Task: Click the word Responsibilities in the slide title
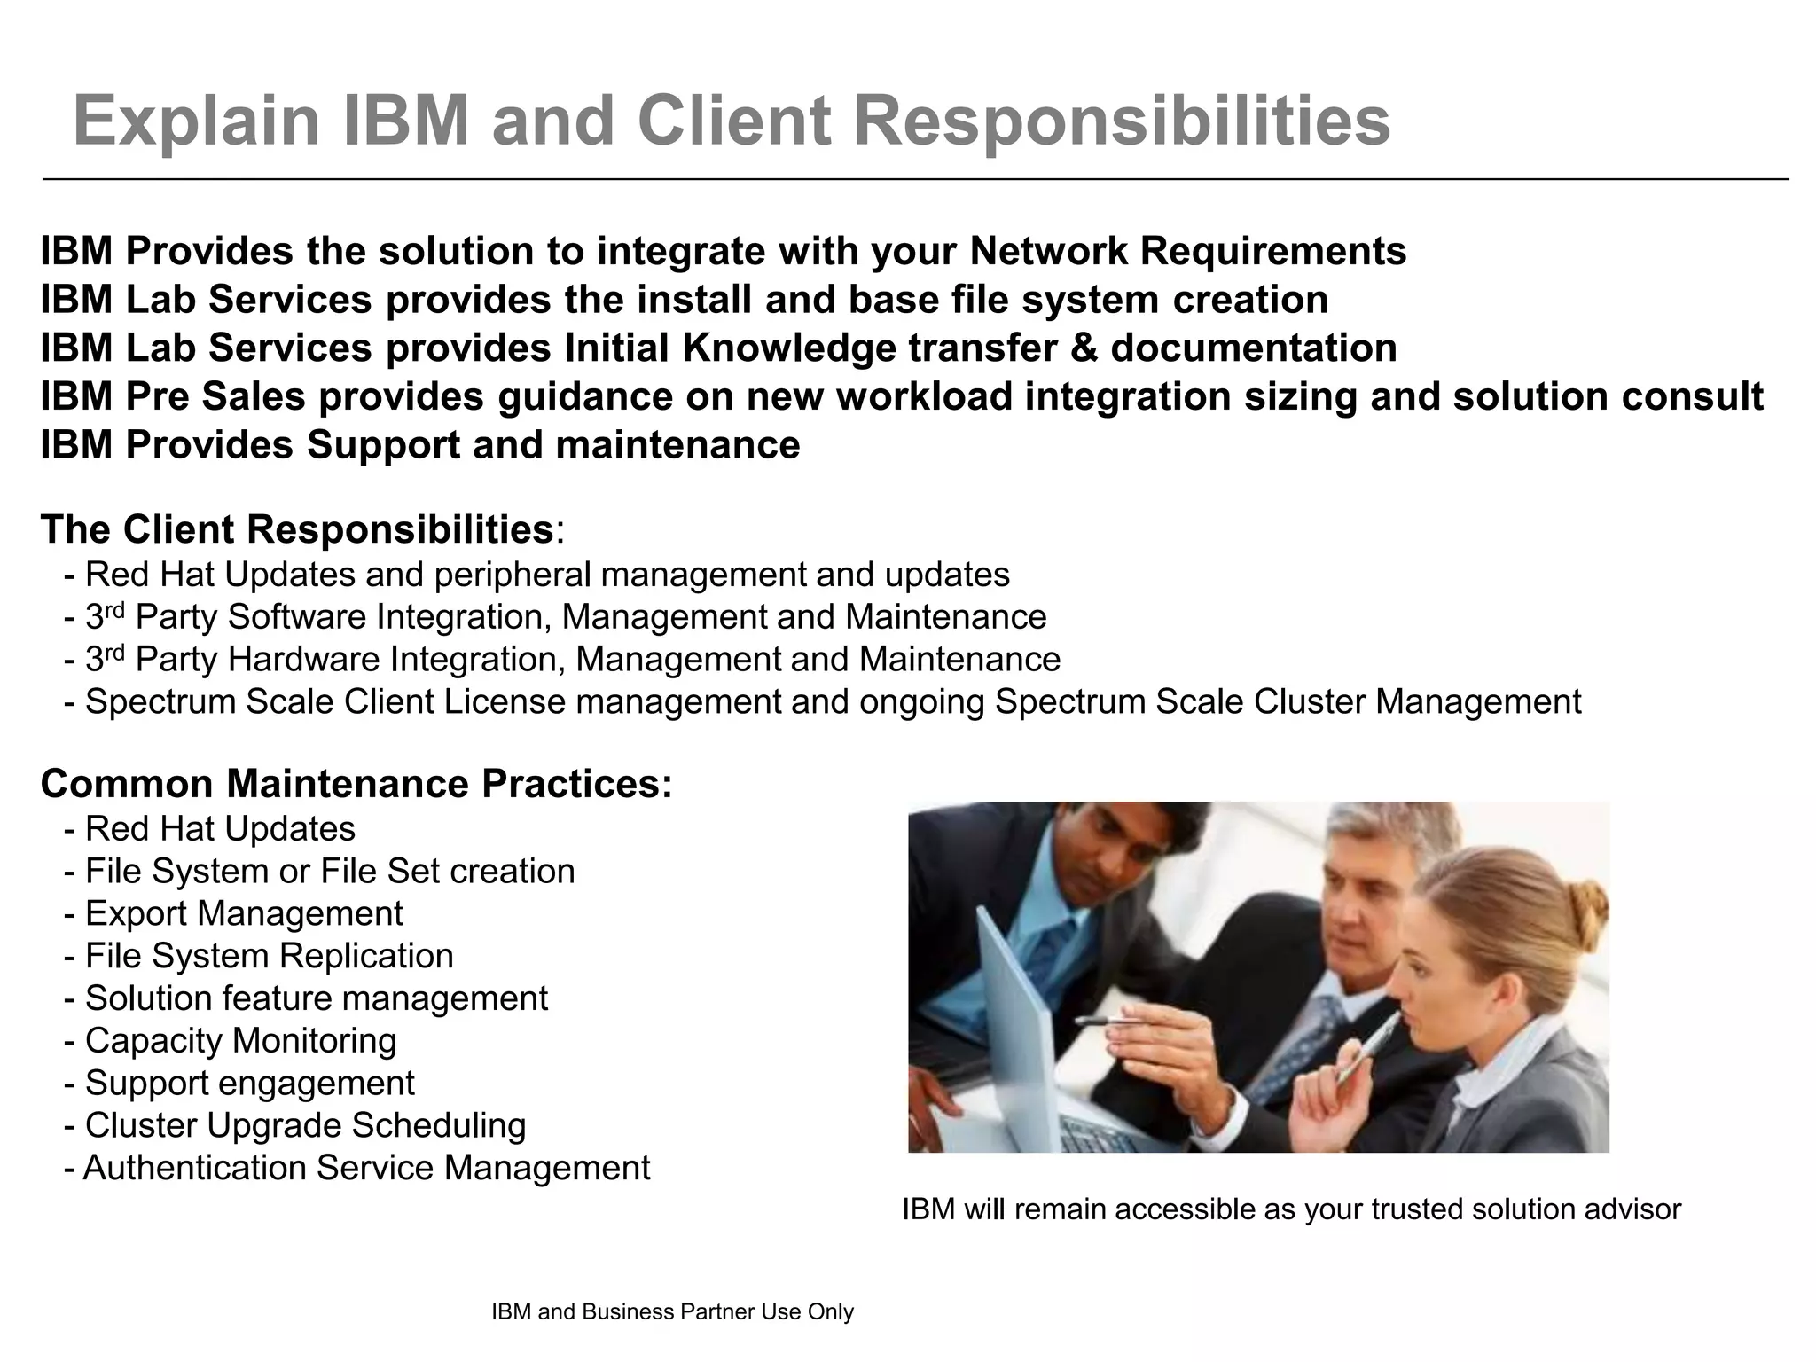click(x=1121, y=121)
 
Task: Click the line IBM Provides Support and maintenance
click(x=420, y=444)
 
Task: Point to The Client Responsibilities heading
click(x=297, y=529)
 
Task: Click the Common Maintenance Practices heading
click(x=356, y=784)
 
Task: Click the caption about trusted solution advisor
click(x=1291, y=1209)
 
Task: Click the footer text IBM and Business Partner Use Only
click(x=672, y=1312)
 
